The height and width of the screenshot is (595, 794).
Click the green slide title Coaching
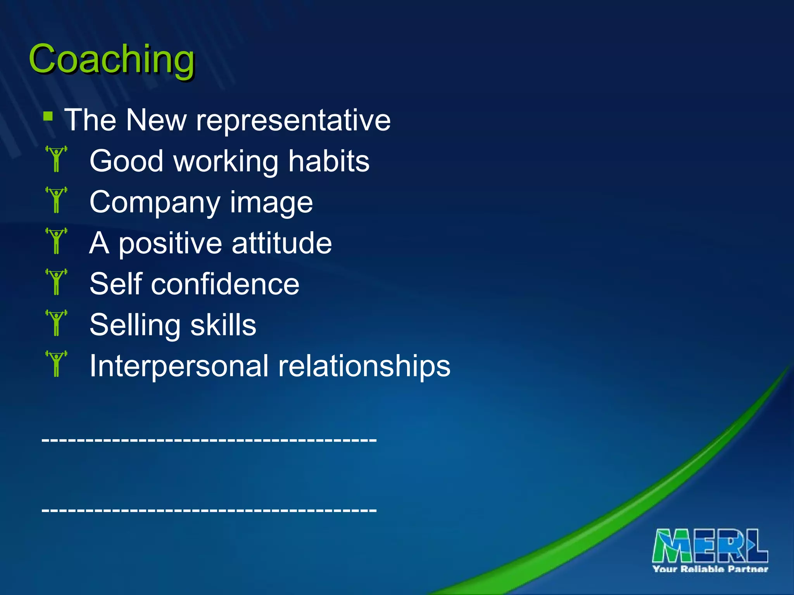pyautogui.click(x=112, y=59)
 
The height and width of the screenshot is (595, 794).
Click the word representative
pyautogui.click(x=293, y=120)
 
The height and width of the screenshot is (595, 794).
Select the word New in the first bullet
pyautogui.click(x=156, y=120)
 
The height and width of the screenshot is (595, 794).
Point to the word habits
pyautogui.click(x=329, y=161)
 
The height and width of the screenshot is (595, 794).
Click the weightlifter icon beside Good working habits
pyautogui.click(x=57, y=159)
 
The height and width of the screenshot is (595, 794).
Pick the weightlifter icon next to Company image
pyautogui.click(x=57, y=200)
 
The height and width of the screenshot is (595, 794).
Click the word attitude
pyautogui.click(x=282, y=243)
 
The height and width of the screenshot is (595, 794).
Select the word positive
pyautogui.click(x=171, y=244)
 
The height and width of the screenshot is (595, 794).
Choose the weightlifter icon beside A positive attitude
pyautogui.click(x=57, y=241)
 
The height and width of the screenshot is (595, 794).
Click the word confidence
pyautogui.click(x=225, y=284)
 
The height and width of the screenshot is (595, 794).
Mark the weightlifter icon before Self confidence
pyautogui.click(x=57, y=282)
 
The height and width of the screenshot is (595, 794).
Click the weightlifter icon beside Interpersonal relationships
pyautogui.click(x=57, y=364)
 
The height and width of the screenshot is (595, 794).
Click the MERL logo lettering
pyautogui.click(x=710, y=546)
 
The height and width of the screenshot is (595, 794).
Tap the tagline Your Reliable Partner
pyautogui.click(x=710, y=569)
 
